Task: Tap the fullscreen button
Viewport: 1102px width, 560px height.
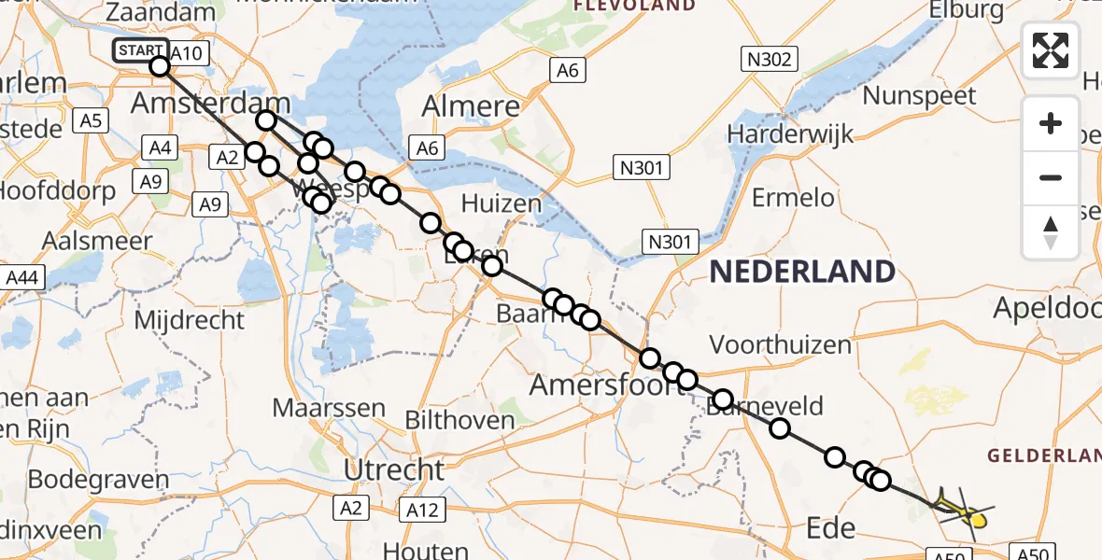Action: (1051, 50)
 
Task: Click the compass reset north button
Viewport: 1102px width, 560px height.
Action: (1051, 232)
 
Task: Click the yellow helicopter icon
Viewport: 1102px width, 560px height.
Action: (968, 510)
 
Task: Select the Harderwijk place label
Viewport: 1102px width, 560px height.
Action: (790, 133)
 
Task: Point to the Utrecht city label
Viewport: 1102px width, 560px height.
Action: (393, 469)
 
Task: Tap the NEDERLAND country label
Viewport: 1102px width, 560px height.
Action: (802, 273)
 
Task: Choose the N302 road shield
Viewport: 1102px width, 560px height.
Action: (769, 61)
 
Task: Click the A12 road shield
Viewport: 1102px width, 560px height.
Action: (423, 509)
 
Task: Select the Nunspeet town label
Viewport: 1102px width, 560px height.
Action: (919, 95)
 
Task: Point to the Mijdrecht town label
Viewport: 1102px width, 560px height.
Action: (190, 320)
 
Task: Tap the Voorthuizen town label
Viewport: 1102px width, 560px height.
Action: (781, 344)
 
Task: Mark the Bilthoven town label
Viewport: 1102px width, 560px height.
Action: (459, 420)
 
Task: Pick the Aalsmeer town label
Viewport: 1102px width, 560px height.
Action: (97, 240)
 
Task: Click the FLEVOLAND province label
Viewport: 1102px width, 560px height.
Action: (634, 6)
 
